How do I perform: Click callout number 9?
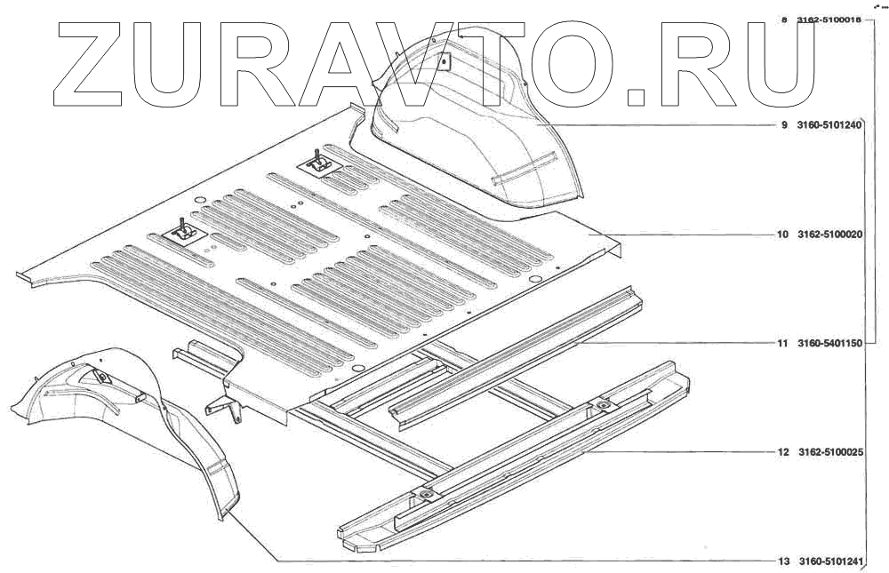pos(784,125)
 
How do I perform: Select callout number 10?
pos(782,235)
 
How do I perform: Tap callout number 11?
pos(782,342)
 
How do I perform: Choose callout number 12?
pos(782,452)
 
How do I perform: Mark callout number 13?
pos(782,561)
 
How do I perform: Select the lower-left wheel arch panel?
pos(133,409)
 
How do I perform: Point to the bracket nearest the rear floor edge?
pos(317,163)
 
